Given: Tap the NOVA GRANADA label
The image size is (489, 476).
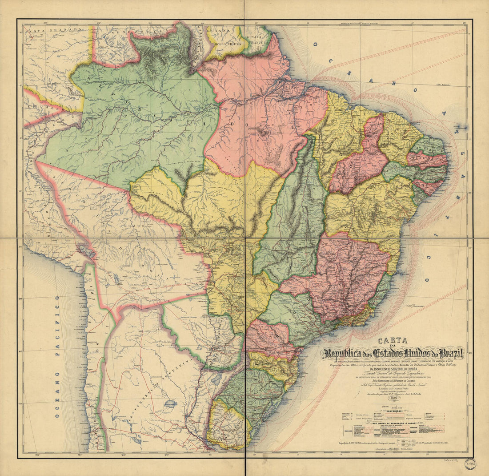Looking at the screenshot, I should pos(52,30).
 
